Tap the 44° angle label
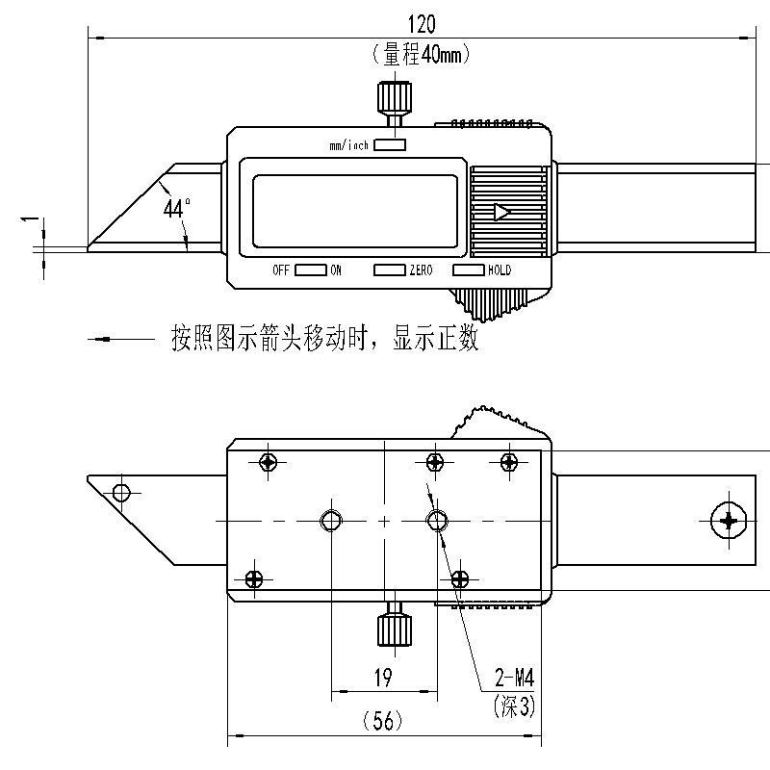coord(176,208)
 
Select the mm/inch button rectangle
coord(390,144)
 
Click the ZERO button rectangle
coord(390,269)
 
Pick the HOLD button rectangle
coord(468,269)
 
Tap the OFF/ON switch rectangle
coord(310,269)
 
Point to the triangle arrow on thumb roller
coord(501,212)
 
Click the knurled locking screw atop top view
coord(394,105)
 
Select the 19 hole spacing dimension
coord(383,678)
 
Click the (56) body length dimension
coord(383,721)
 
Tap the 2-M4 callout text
coord(514,679)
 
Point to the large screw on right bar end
coord(729,520)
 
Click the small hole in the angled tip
coord(121,492)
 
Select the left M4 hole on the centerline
coord(331,521)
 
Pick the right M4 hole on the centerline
coord(437,521)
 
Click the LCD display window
coord(355,212)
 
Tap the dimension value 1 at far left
coord(31,218)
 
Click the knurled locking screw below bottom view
coord(395,623)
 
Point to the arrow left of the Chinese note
coord(121,339)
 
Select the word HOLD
coord(500,269)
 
